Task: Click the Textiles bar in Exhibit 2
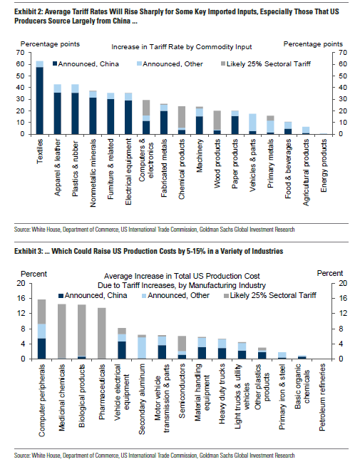[40, 98]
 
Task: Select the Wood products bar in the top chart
[217, 123]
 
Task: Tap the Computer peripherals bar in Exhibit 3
[42, 329]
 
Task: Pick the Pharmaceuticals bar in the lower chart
[102, 334]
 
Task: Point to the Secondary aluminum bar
[142, 346]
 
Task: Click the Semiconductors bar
[182, 347]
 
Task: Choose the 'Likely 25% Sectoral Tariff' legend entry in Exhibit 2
[266, 64]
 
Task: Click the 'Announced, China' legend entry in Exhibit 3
[93, 295]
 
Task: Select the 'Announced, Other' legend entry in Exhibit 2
[170, 64]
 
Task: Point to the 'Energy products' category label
[324, 165]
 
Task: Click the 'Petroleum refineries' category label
[322, 397]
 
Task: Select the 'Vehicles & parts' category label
[252, 165]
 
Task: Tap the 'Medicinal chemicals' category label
[62, 397]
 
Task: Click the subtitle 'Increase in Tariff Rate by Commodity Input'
[182, 47]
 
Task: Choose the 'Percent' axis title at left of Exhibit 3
[34, 274]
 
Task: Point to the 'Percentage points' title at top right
[313, 44]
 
